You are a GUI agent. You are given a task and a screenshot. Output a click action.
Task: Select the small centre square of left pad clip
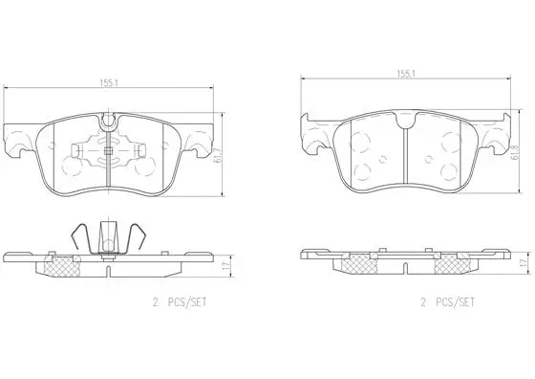[109, 149]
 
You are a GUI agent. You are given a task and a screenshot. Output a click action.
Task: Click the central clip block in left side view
[109, 236]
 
